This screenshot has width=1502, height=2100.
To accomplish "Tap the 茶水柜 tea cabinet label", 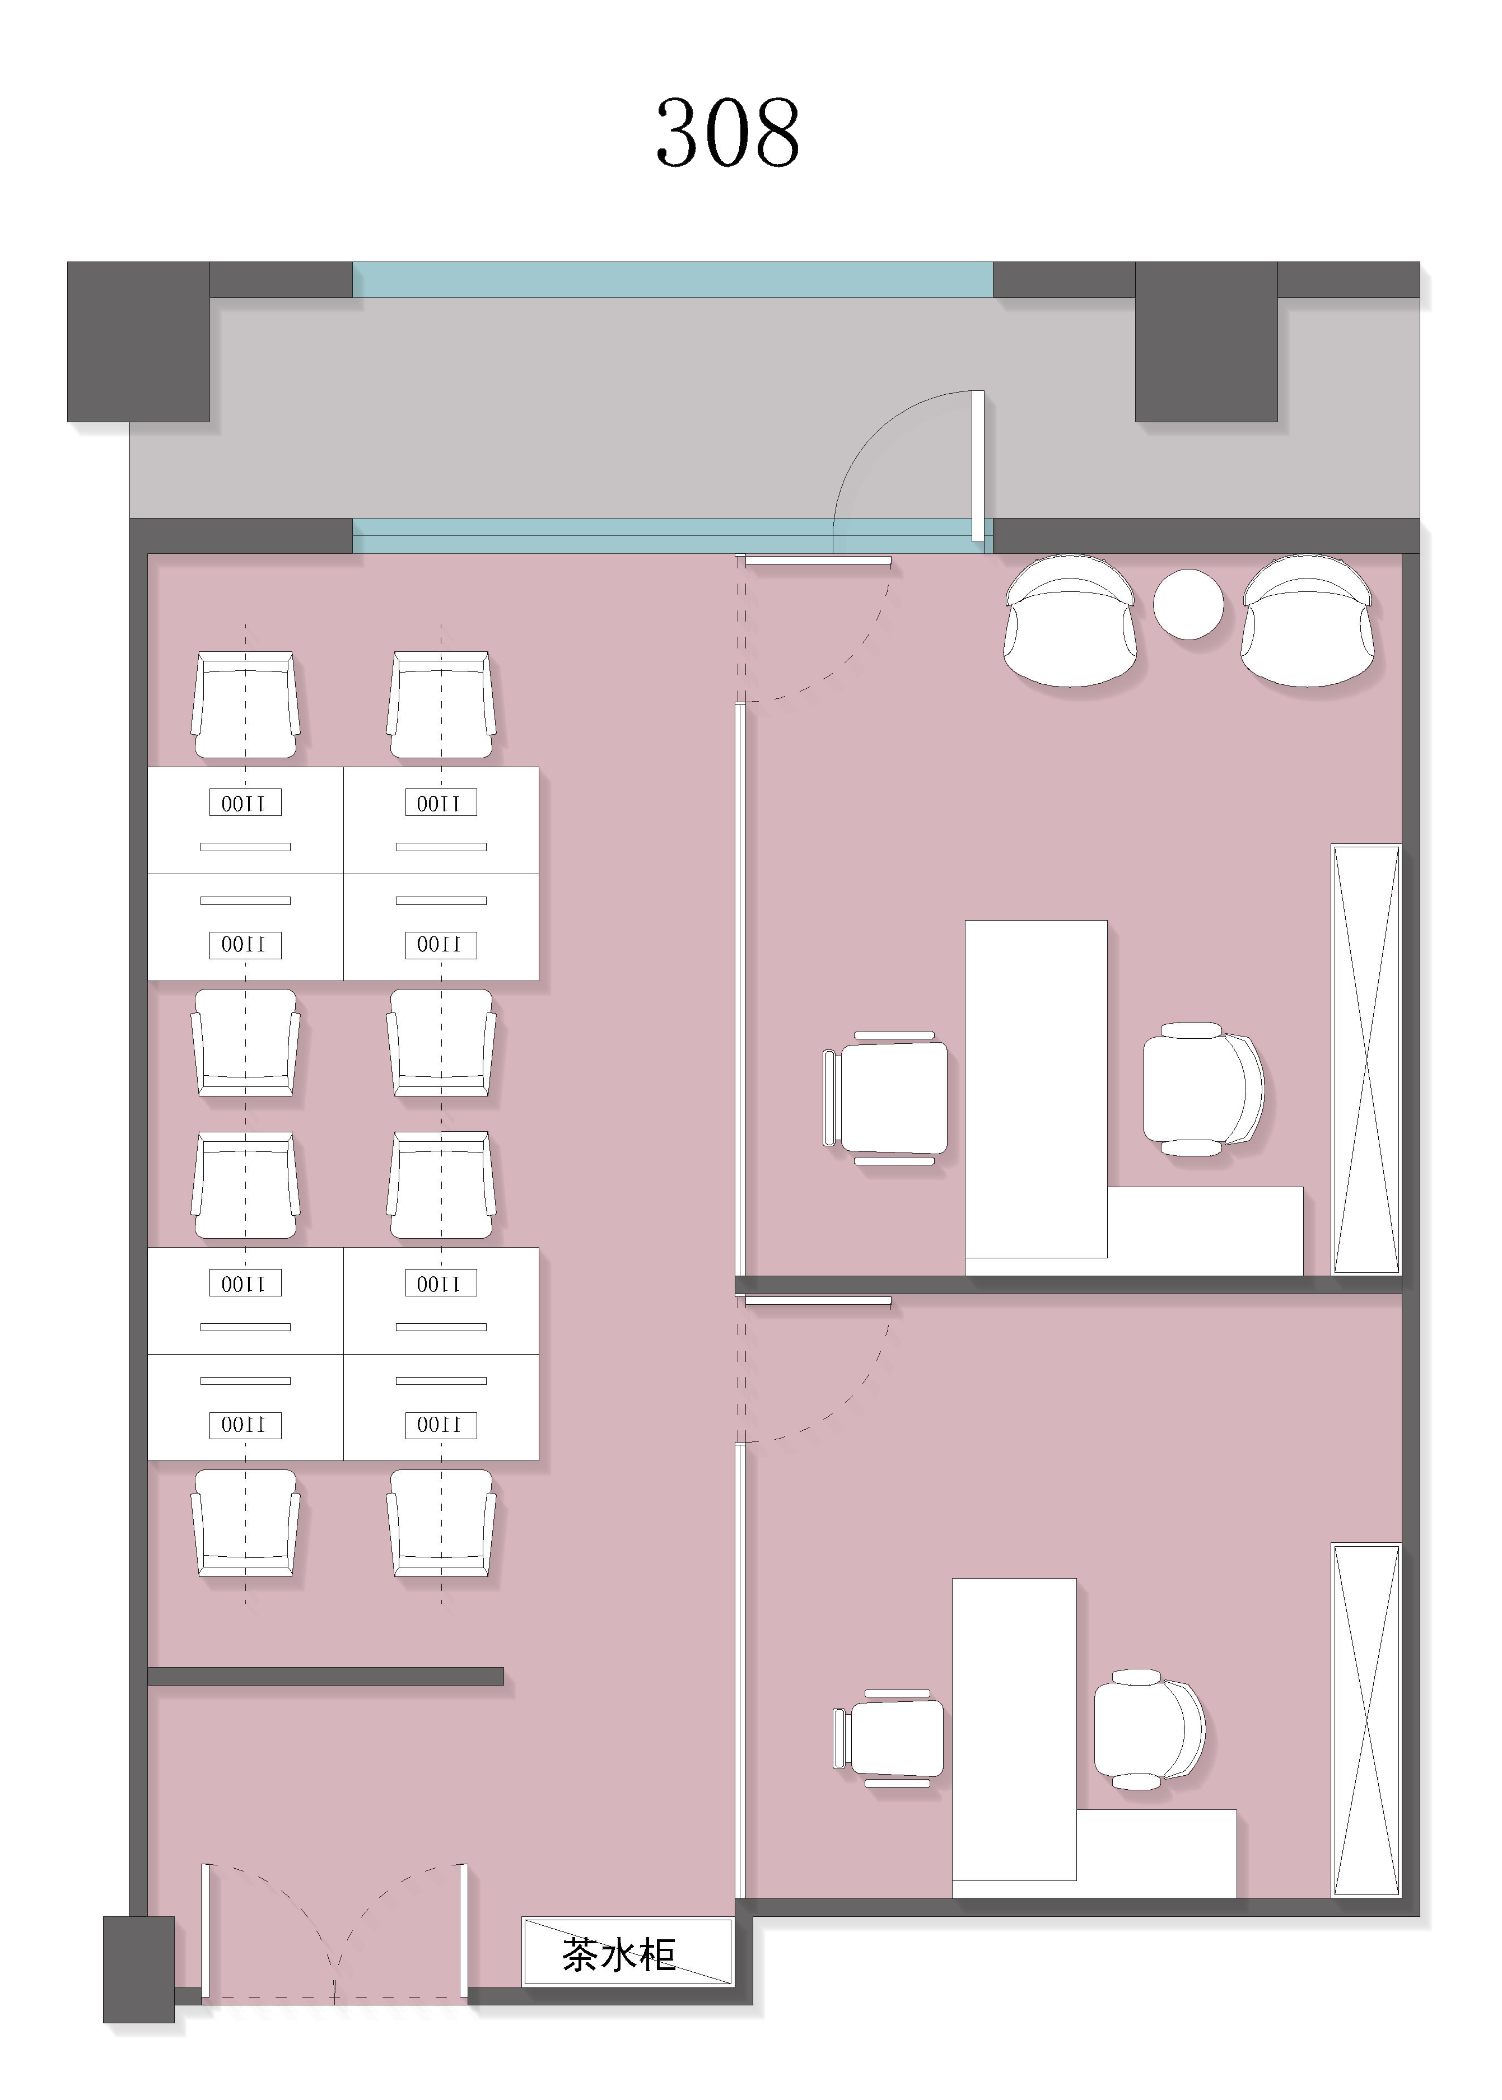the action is coord(619,1955).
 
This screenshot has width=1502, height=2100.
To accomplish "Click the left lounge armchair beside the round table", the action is coord(1070,620).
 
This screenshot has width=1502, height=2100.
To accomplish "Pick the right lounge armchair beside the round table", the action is coord(1307,620).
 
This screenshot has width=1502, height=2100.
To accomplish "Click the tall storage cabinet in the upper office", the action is coord(1366,1060).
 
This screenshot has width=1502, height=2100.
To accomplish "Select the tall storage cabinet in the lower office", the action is coord(1366,1720).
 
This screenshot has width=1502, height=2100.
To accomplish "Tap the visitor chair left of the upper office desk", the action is coord(885,1098).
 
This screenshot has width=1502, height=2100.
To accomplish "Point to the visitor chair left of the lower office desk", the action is coord(889,1738).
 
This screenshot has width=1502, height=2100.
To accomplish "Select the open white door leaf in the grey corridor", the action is coord(978,466).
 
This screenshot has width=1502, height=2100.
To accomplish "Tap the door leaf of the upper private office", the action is coord(818,561).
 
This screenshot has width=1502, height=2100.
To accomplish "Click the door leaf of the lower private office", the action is coord(818,1300).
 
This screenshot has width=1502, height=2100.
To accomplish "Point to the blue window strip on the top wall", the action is coord(673,279).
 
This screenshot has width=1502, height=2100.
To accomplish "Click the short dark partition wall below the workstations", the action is coord(325,1676).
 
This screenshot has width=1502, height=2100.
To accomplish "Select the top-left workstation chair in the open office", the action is coord(245,704).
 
